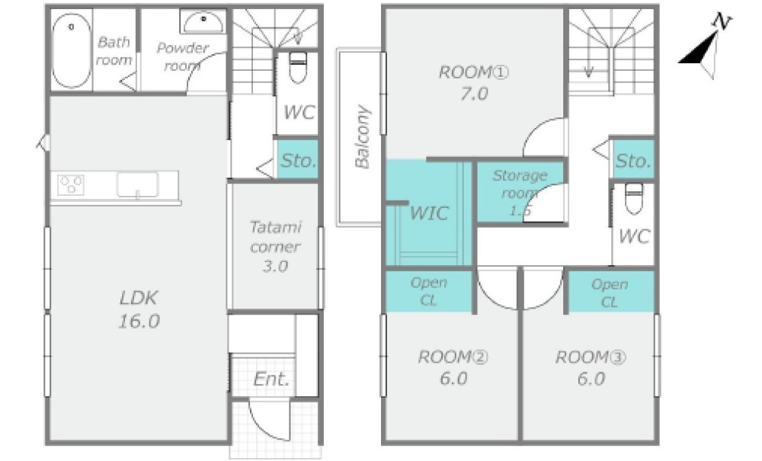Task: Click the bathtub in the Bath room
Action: click(x=72, y=50)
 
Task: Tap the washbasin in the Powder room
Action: click(x=203, y=22)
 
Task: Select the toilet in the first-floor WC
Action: click(x=297, y=68)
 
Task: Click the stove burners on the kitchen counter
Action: click(x=71, y=184)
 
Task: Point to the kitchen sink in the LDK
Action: click(x=137, y=185)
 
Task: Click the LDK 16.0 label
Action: click(x=139, y=309)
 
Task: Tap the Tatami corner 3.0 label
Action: click(x=275, y=246)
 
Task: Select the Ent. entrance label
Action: click(x=272, y=379)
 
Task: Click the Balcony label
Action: click(x=363, y=136)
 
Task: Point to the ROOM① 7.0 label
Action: click(x=474, y=82)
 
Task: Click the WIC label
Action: click(x=428, y=213)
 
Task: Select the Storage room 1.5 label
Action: click(x=520, y=192)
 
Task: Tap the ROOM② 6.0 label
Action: click(x=453, y=368)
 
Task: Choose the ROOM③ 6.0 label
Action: click(x=591, y=368)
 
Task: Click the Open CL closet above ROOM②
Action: click(x=428, y=291)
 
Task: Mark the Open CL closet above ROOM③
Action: click(x=610, y=292)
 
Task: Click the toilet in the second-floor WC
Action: click(x=634, y=198)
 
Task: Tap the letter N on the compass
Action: click(x=722, y=21)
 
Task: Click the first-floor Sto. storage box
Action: click(x=297, y=159)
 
